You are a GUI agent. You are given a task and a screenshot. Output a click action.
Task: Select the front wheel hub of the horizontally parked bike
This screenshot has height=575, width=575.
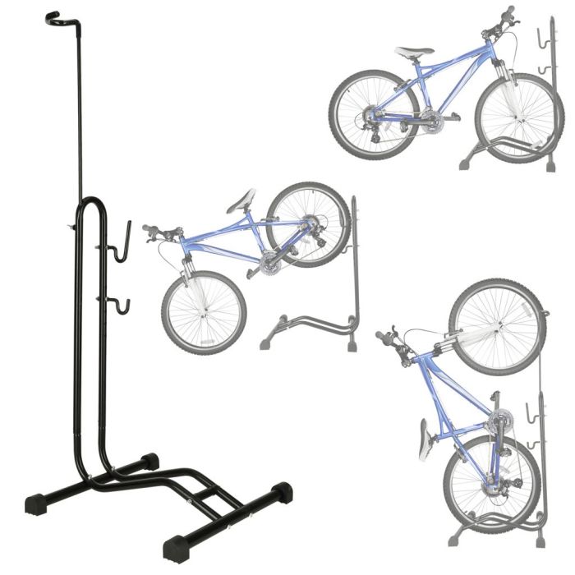pos(518,117)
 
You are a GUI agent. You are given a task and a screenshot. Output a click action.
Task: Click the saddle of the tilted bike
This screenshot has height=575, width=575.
pos(241,200)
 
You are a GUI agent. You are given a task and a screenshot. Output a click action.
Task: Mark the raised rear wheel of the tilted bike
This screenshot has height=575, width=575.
pos(308,223)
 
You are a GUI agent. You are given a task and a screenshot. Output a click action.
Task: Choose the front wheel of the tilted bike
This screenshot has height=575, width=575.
pos(204,312)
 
